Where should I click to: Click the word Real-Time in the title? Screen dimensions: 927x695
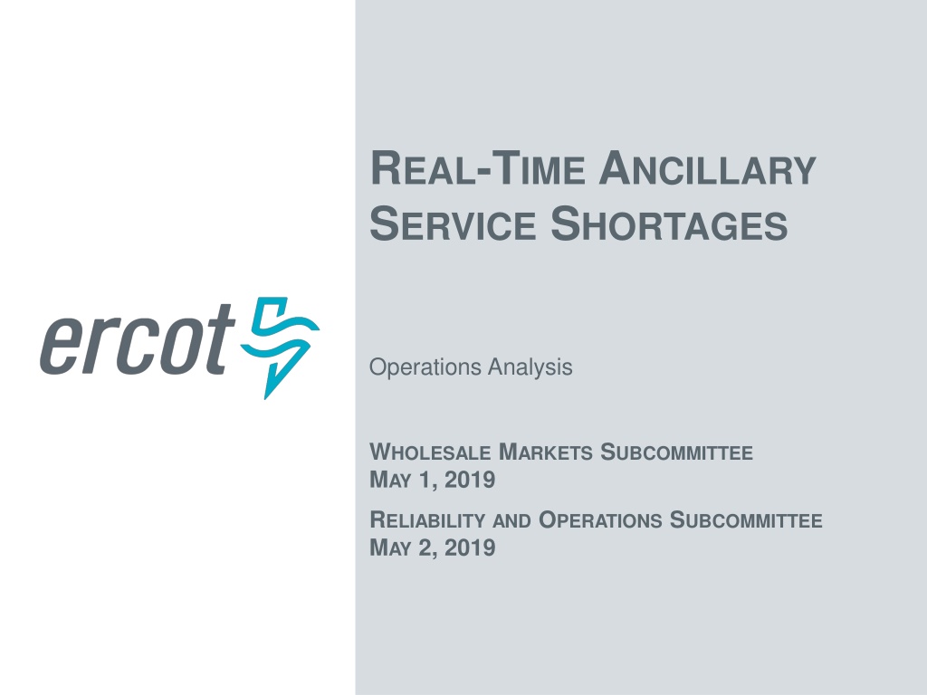[478, 169]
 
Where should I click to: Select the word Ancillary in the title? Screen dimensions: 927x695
[707, 169]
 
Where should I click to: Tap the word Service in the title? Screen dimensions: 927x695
[453, 224]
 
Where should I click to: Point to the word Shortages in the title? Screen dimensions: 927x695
[669, 224]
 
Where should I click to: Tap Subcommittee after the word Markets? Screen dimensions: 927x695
[677, 452]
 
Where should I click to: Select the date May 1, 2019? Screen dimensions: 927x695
[432, 480]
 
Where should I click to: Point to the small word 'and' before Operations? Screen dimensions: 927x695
[511, 521]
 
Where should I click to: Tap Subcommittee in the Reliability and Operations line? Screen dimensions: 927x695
[746, 520]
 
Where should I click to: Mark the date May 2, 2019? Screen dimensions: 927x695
[432, 547]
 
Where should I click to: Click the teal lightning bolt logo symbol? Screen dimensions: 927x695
[280, 347]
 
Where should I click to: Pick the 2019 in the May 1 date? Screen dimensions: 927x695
[470, 480]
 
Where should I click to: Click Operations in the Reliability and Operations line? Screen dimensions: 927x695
[600, 520]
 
